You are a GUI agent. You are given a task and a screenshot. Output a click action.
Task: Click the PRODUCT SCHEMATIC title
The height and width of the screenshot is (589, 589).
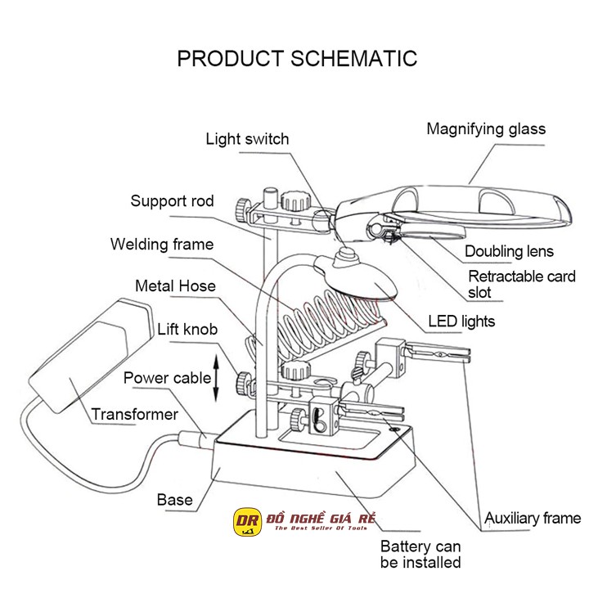click(297, 59)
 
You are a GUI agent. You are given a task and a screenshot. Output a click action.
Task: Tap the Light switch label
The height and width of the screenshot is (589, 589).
click(247, 139)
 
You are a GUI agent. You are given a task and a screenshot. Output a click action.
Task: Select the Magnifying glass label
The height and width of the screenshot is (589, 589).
click(486, 129)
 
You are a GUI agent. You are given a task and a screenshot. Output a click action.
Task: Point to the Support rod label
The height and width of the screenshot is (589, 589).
click(172, 201)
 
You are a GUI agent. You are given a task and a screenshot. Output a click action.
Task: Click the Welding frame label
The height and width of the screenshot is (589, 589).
click(162, 244)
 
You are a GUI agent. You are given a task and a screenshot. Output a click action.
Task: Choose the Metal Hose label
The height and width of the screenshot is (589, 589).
click(175, 286)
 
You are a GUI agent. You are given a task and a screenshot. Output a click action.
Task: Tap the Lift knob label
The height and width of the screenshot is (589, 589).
click(187, 330)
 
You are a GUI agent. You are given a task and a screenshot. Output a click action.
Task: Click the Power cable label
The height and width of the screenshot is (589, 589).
click(168, 378)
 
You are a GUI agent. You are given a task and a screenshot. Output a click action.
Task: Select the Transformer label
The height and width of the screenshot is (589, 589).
click(134, 415)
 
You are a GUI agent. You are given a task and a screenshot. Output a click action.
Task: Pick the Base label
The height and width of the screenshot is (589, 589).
click(175, 500)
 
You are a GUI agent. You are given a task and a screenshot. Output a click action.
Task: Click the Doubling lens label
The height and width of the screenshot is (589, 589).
click(509, 252)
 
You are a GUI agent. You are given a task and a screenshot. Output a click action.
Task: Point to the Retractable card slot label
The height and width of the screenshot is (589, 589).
click(521, 284)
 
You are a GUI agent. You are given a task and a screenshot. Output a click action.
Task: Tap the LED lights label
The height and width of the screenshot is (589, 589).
click(461, 321)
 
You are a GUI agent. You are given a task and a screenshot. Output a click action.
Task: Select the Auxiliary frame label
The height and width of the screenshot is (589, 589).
click(533, 518)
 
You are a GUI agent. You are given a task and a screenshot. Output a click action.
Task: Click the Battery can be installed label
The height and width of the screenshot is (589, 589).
click(420, 554)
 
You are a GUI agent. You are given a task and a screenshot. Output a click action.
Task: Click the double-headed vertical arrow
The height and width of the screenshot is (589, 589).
click(216, 378)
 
